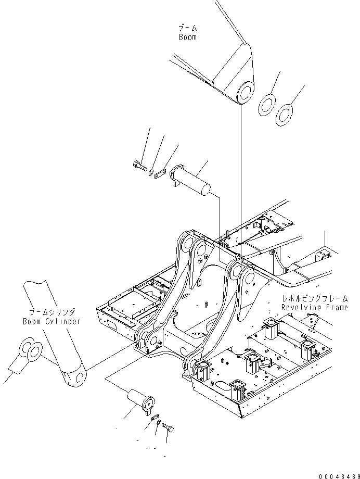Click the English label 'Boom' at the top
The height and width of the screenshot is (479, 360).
click(x=187, y=37)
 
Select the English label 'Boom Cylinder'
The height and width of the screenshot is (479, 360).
click(x=52, y=321)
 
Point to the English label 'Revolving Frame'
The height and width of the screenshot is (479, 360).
click(x=315, y=307)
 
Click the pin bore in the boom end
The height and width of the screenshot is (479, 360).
click(x=245, y=94)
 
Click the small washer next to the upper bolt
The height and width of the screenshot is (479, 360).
click(x=150, y=172)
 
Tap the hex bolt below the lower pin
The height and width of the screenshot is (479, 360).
click(x=168, y=427)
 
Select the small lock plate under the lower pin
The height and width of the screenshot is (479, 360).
click(x=153, y=418)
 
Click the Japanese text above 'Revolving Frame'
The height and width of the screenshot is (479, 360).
click(x=315, y=299)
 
